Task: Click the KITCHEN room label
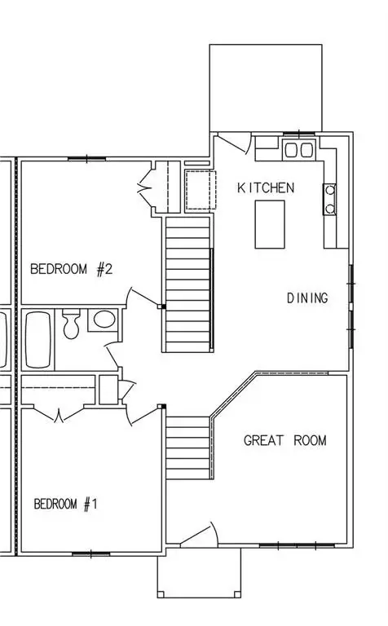pos(266,188)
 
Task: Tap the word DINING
pos(307,298)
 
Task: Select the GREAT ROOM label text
pos(285,441)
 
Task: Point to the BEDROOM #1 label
pos(65,505)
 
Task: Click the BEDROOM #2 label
pos(71,269)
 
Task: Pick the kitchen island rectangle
pos(270,223)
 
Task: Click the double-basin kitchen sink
pos(298,149)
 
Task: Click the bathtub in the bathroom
pos(37,338)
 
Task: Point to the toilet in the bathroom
pos(72,324)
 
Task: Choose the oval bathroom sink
pos(102,320)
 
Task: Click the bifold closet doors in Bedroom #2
pos(147,187)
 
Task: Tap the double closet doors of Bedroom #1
pos(59,417)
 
